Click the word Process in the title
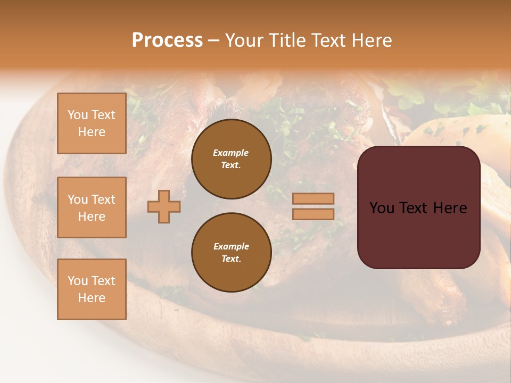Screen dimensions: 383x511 coord(167,40)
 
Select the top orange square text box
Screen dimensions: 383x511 coord(92,123)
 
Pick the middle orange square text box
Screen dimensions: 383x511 coord(92,207)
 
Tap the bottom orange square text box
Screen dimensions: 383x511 coord(92,289)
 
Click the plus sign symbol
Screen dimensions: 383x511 coord(164,206)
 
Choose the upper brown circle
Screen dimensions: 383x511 coord(231,159)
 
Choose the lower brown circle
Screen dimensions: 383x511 coord(231,252)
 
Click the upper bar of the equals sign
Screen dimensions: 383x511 coord(313,199)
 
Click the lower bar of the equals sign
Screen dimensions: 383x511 coord(313,214)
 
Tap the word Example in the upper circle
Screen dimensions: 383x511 coord(231,153)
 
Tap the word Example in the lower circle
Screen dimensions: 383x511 coord(231,246)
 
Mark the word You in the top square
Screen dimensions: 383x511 coord(77,115)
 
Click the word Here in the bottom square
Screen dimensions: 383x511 coord(92,298)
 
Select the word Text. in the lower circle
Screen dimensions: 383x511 coord(231,259)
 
